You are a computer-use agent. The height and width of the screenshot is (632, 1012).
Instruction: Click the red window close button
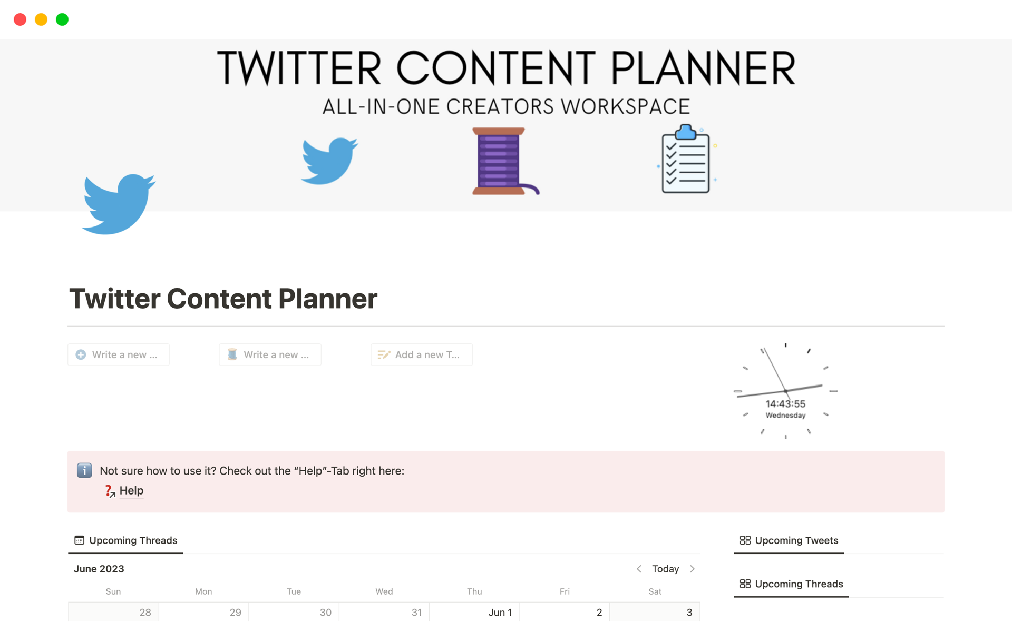20,19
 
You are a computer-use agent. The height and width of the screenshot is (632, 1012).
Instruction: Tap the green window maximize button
62,19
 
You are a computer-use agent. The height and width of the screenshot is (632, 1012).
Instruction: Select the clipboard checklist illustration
687,159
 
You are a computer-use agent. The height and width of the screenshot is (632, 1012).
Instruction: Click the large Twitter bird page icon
119,204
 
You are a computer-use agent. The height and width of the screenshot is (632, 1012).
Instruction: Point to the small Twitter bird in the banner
329,161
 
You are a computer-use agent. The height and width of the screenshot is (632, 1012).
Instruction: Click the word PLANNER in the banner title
703,68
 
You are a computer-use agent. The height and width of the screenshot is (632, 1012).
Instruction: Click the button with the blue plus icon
119,354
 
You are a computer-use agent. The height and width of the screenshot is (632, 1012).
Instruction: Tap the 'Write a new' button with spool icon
270,354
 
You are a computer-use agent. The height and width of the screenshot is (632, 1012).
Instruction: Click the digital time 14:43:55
785,404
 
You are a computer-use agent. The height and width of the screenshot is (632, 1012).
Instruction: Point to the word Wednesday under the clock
785,416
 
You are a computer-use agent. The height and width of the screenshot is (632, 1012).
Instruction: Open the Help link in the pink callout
131,491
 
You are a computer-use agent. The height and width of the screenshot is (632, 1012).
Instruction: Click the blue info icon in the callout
84,470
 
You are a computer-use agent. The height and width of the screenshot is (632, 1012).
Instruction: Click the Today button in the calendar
665,569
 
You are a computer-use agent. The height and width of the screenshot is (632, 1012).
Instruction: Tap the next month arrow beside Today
693,569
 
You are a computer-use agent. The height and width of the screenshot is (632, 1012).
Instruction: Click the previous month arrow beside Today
639,569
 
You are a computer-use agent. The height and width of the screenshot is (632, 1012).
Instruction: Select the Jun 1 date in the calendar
500,613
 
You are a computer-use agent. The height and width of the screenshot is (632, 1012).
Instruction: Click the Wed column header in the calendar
384,591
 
